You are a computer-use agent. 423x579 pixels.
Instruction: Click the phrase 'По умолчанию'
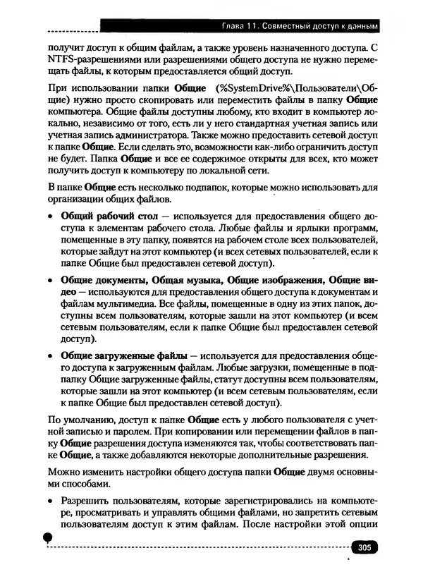coord(77,418)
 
